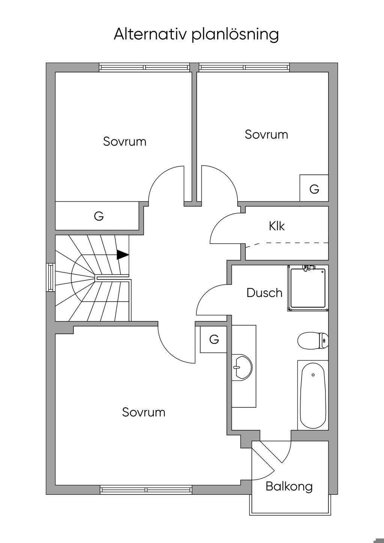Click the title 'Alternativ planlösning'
point(196,35)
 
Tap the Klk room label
point(276,226)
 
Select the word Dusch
point(264,293)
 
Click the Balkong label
point(289,487)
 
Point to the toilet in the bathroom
point(313,341)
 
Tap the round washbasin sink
point(242,367)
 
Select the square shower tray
point(308,288)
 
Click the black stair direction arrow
point(123,254)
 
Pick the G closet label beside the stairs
point(99,215)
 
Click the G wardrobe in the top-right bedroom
point(314,188)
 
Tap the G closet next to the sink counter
point(214,339)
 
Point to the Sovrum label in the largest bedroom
point(144,412)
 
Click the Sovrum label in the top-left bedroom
point(124,141)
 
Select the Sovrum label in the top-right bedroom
point(266,134)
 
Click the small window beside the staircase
point(51,277)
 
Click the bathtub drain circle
point(313,375)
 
